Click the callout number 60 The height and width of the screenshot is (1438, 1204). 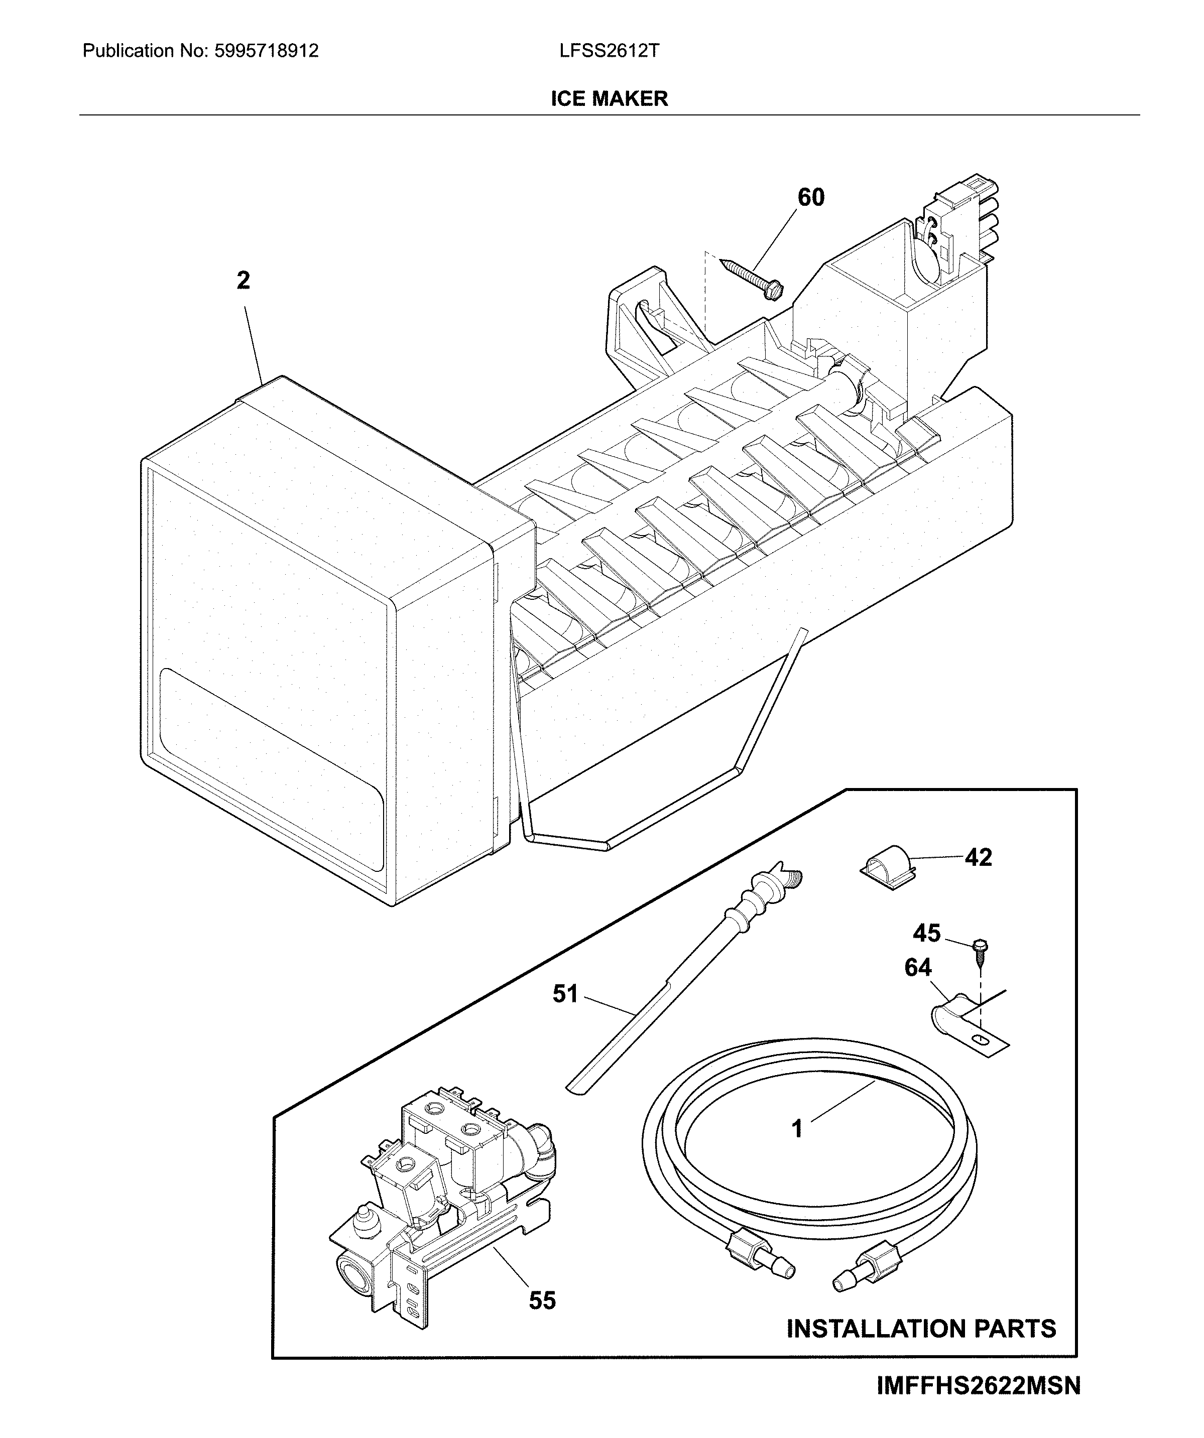pos(811,198)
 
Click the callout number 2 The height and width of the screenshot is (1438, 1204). pos(243,280)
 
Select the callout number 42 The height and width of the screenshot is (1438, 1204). pos(978,857)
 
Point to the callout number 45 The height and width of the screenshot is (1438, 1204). pos(927,933)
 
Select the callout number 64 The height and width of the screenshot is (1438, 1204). pos(918,968)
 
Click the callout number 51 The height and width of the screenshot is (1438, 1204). pos(566,994)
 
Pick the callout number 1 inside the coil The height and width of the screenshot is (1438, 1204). pos(796,1128)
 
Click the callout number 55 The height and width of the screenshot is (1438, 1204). pos(542,1300)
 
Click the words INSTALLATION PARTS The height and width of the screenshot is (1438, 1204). pos(921,1329)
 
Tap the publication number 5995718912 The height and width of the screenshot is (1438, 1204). pos(267,51)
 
